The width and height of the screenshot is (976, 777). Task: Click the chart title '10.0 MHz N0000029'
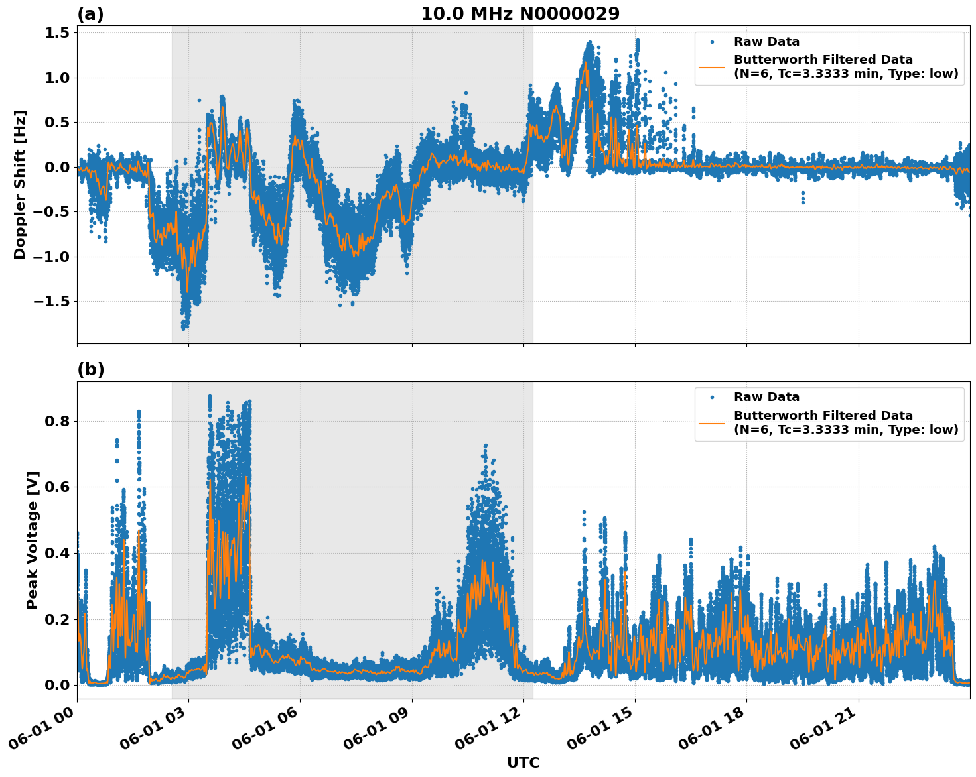point(520,14)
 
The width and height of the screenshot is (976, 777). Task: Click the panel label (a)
point(90,14)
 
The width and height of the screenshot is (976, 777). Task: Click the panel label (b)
point(90,369)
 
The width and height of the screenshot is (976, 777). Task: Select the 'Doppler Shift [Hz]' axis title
point(20,184)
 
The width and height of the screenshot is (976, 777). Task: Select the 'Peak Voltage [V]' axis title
point(33,540)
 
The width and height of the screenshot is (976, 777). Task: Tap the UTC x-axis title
point(523,762)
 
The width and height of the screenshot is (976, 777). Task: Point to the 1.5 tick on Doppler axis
point(56,33)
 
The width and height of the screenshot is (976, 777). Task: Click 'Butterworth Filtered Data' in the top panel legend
point(823,60)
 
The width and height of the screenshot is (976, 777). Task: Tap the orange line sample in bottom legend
point(712,422)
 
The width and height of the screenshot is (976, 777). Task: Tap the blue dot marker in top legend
point(712,42)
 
